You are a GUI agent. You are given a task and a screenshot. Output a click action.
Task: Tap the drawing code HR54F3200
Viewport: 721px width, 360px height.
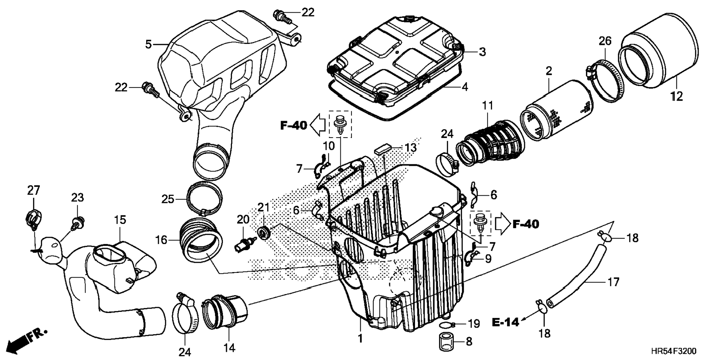[x=673, y=351]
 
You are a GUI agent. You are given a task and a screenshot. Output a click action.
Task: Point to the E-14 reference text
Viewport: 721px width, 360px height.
[x=506, y=322]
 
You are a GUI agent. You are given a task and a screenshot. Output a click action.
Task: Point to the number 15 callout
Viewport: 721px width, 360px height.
[x=120, y=220]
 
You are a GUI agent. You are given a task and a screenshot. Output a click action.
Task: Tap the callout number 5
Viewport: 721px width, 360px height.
[x=148, y=45]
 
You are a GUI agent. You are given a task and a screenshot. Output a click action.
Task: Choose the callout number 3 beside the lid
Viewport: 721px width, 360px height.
[x=482, y=52]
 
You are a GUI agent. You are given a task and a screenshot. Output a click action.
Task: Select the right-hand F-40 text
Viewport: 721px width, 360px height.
[x=526, y=224]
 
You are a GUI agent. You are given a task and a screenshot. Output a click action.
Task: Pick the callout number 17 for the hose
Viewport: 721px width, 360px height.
[x=613, y=282]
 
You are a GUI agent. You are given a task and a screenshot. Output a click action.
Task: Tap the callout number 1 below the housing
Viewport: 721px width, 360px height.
[x=360, y=339]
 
